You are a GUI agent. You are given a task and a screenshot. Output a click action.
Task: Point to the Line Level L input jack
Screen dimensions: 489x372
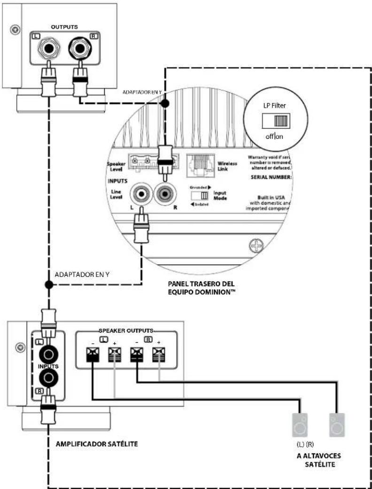coord(141,193)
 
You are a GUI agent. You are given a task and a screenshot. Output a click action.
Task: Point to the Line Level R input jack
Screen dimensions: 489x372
coord(165,193)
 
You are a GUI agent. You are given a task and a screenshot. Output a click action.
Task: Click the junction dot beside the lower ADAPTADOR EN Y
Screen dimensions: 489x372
coord(48,285)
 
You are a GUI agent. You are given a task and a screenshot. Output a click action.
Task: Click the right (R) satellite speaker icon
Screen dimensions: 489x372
coord(337,426)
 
